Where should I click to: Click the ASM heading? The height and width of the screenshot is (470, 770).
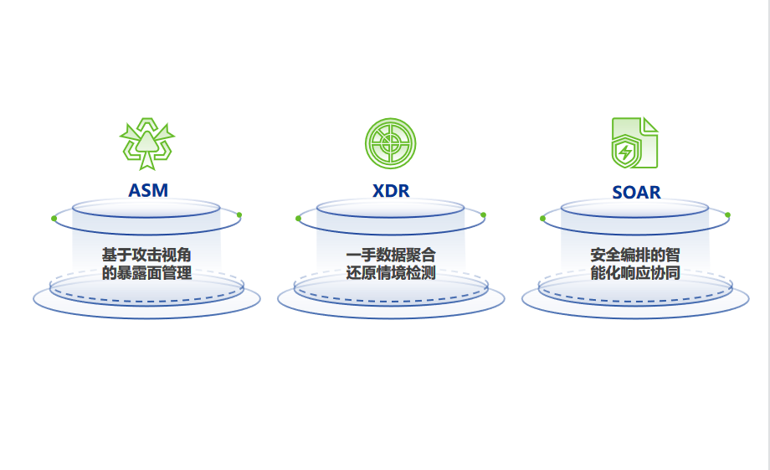click(x=147, y=190)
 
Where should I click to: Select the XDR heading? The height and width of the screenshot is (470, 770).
click(x=391, y=190)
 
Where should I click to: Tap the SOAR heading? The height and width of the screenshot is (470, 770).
click(x=636, y=192)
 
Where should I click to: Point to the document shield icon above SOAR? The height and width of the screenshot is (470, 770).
click(x=634, y=143)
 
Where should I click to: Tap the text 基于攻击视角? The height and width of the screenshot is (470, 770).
click(x=146, y=254)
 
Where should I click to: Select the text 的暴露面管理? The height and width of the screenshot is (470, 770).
click(x=146, y=273)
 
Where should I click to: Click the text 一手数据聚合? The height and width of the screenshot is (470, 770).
click(x=391, y=254)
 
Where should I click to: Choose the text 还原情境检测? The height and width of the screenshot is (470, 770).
click(x=391, y=273)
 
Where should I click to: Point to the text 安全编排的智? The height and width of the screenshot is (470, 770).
click(x=635, y=254)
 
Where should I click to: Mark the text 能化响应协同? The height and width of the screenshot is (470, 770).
click(x=635, y=273)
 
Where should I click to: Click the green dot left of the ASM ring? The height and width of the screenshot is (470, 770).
click(x=54, y=219)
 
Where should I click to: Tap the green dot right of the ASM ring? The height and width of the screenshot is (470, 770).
click(x=239, y=215)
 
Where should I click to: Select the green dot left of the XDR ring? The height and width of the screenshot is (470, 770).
click(x=299, y=219)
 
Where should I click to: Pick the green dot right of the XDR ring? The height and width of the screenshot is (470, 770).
click(x=483, y=215)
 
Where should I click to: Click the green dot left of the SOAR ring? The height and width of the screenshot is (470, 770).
click(x=543, y=219)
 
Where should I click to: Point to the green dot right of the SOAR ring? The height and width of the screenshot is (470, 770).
click(x=727, y=215)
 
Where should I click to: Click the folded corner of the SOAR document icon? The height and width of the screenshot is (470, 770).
click(x=650, y=125)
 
